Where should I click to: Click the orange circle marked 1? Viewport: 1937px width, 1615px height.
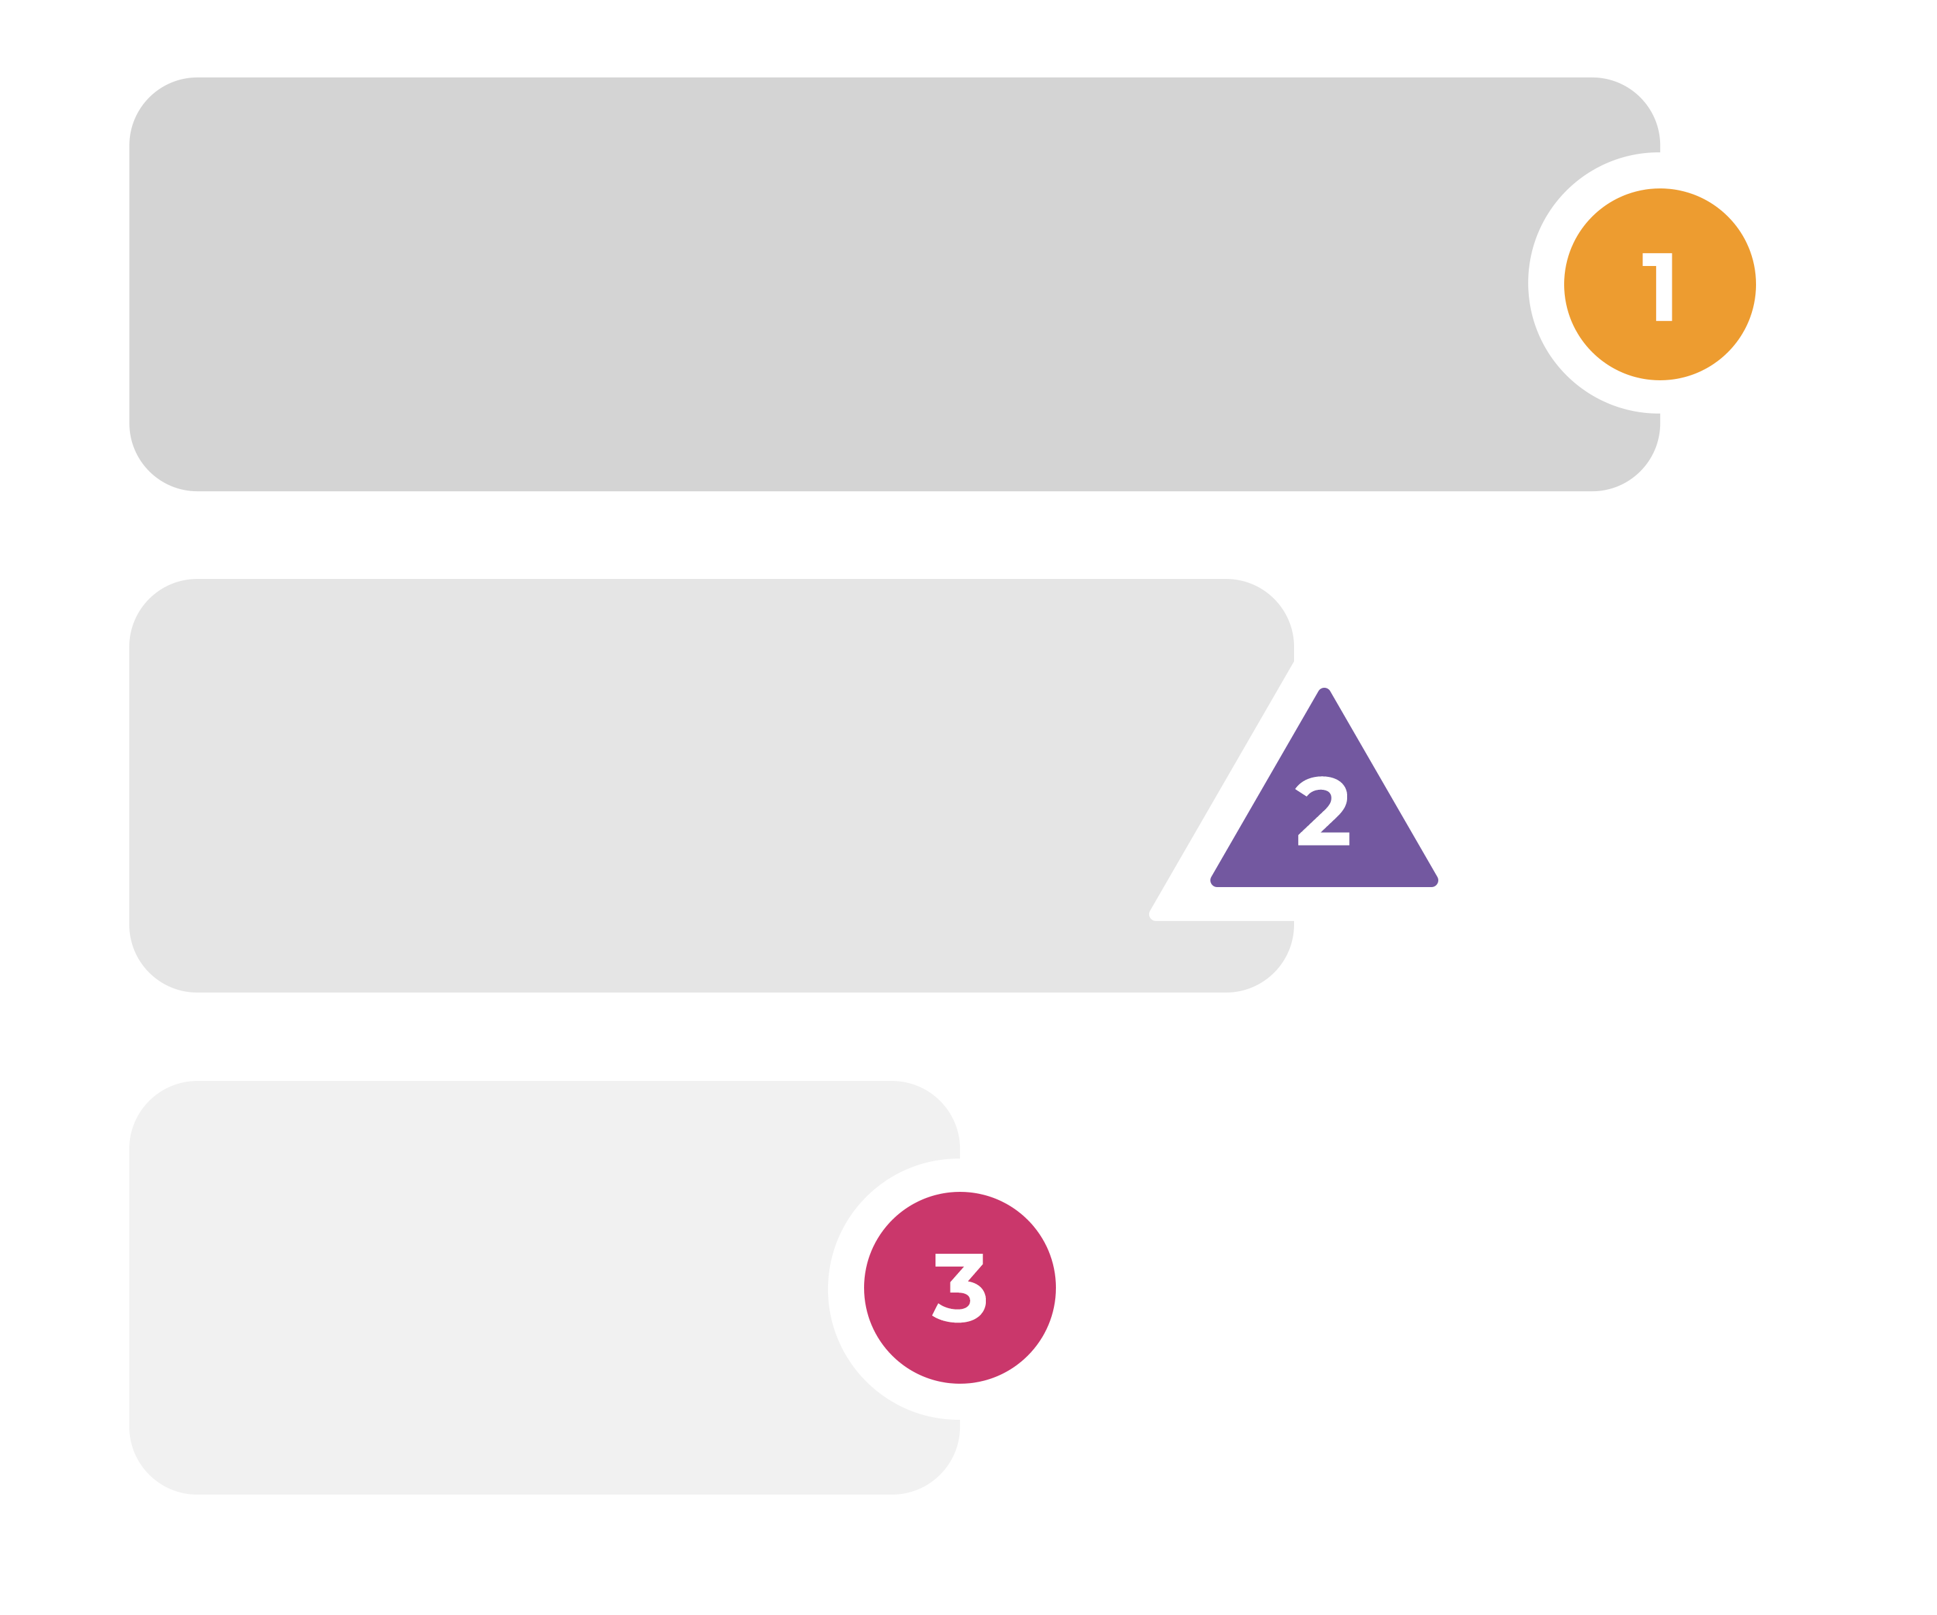[x=1659, y=284]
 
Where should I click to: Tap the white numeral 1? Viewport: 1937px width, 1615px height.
[x=1659, y=287]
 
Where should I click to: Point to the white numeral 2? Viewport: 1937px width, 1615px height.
[x=1323, y=812]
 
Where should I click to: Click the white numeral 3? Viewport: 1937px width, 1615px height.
[x=959, y=1289]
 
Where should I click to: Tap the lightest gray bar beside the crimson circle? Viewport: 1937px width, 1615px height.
[x=480, y=1288]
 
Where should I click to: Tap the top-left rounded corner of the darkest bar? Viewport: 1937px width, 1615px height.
[x=150, y=98]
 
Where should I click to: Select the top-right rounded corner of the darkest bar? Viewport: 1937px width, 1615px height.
[x=1640, y=98]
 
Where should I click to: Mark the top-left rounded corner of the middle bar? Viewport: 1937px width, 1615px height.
[x=150, y=599]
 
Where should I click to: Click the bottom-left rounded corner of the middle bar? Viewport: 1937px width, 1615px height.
[x=150, y=973]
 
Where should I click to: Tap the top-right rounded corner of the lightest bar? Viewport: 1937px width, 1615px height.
[x=940, y=1101]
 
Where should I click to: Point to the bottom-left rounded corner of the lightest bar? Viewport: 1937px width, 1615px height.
[x=150, y=1475]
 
